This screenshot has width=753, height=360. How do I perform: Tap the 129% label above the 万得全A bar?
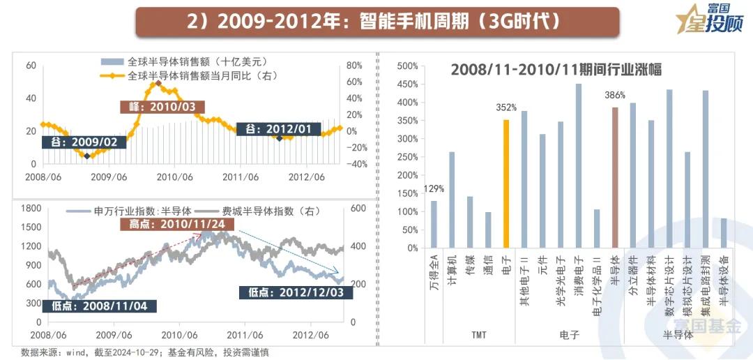coord(433,188)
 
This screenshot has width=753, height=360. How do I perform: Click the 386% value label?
coord(615,95)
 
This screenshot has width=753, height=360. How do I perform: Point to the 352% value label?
coord(506,107)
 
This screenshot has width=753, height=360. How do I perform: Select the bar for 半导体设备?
coord(723,233)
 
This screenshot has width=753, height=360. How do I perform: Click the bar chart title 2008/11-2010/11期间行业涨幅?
coord(556,70)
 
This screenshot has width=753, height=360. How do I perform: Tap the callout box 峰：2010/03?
coord(162,107)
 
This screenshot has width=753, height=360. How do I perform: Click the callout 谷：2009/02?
coord(84,142)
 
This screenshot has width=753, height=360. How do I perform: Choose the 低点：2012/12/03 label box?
coord(296,292)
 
